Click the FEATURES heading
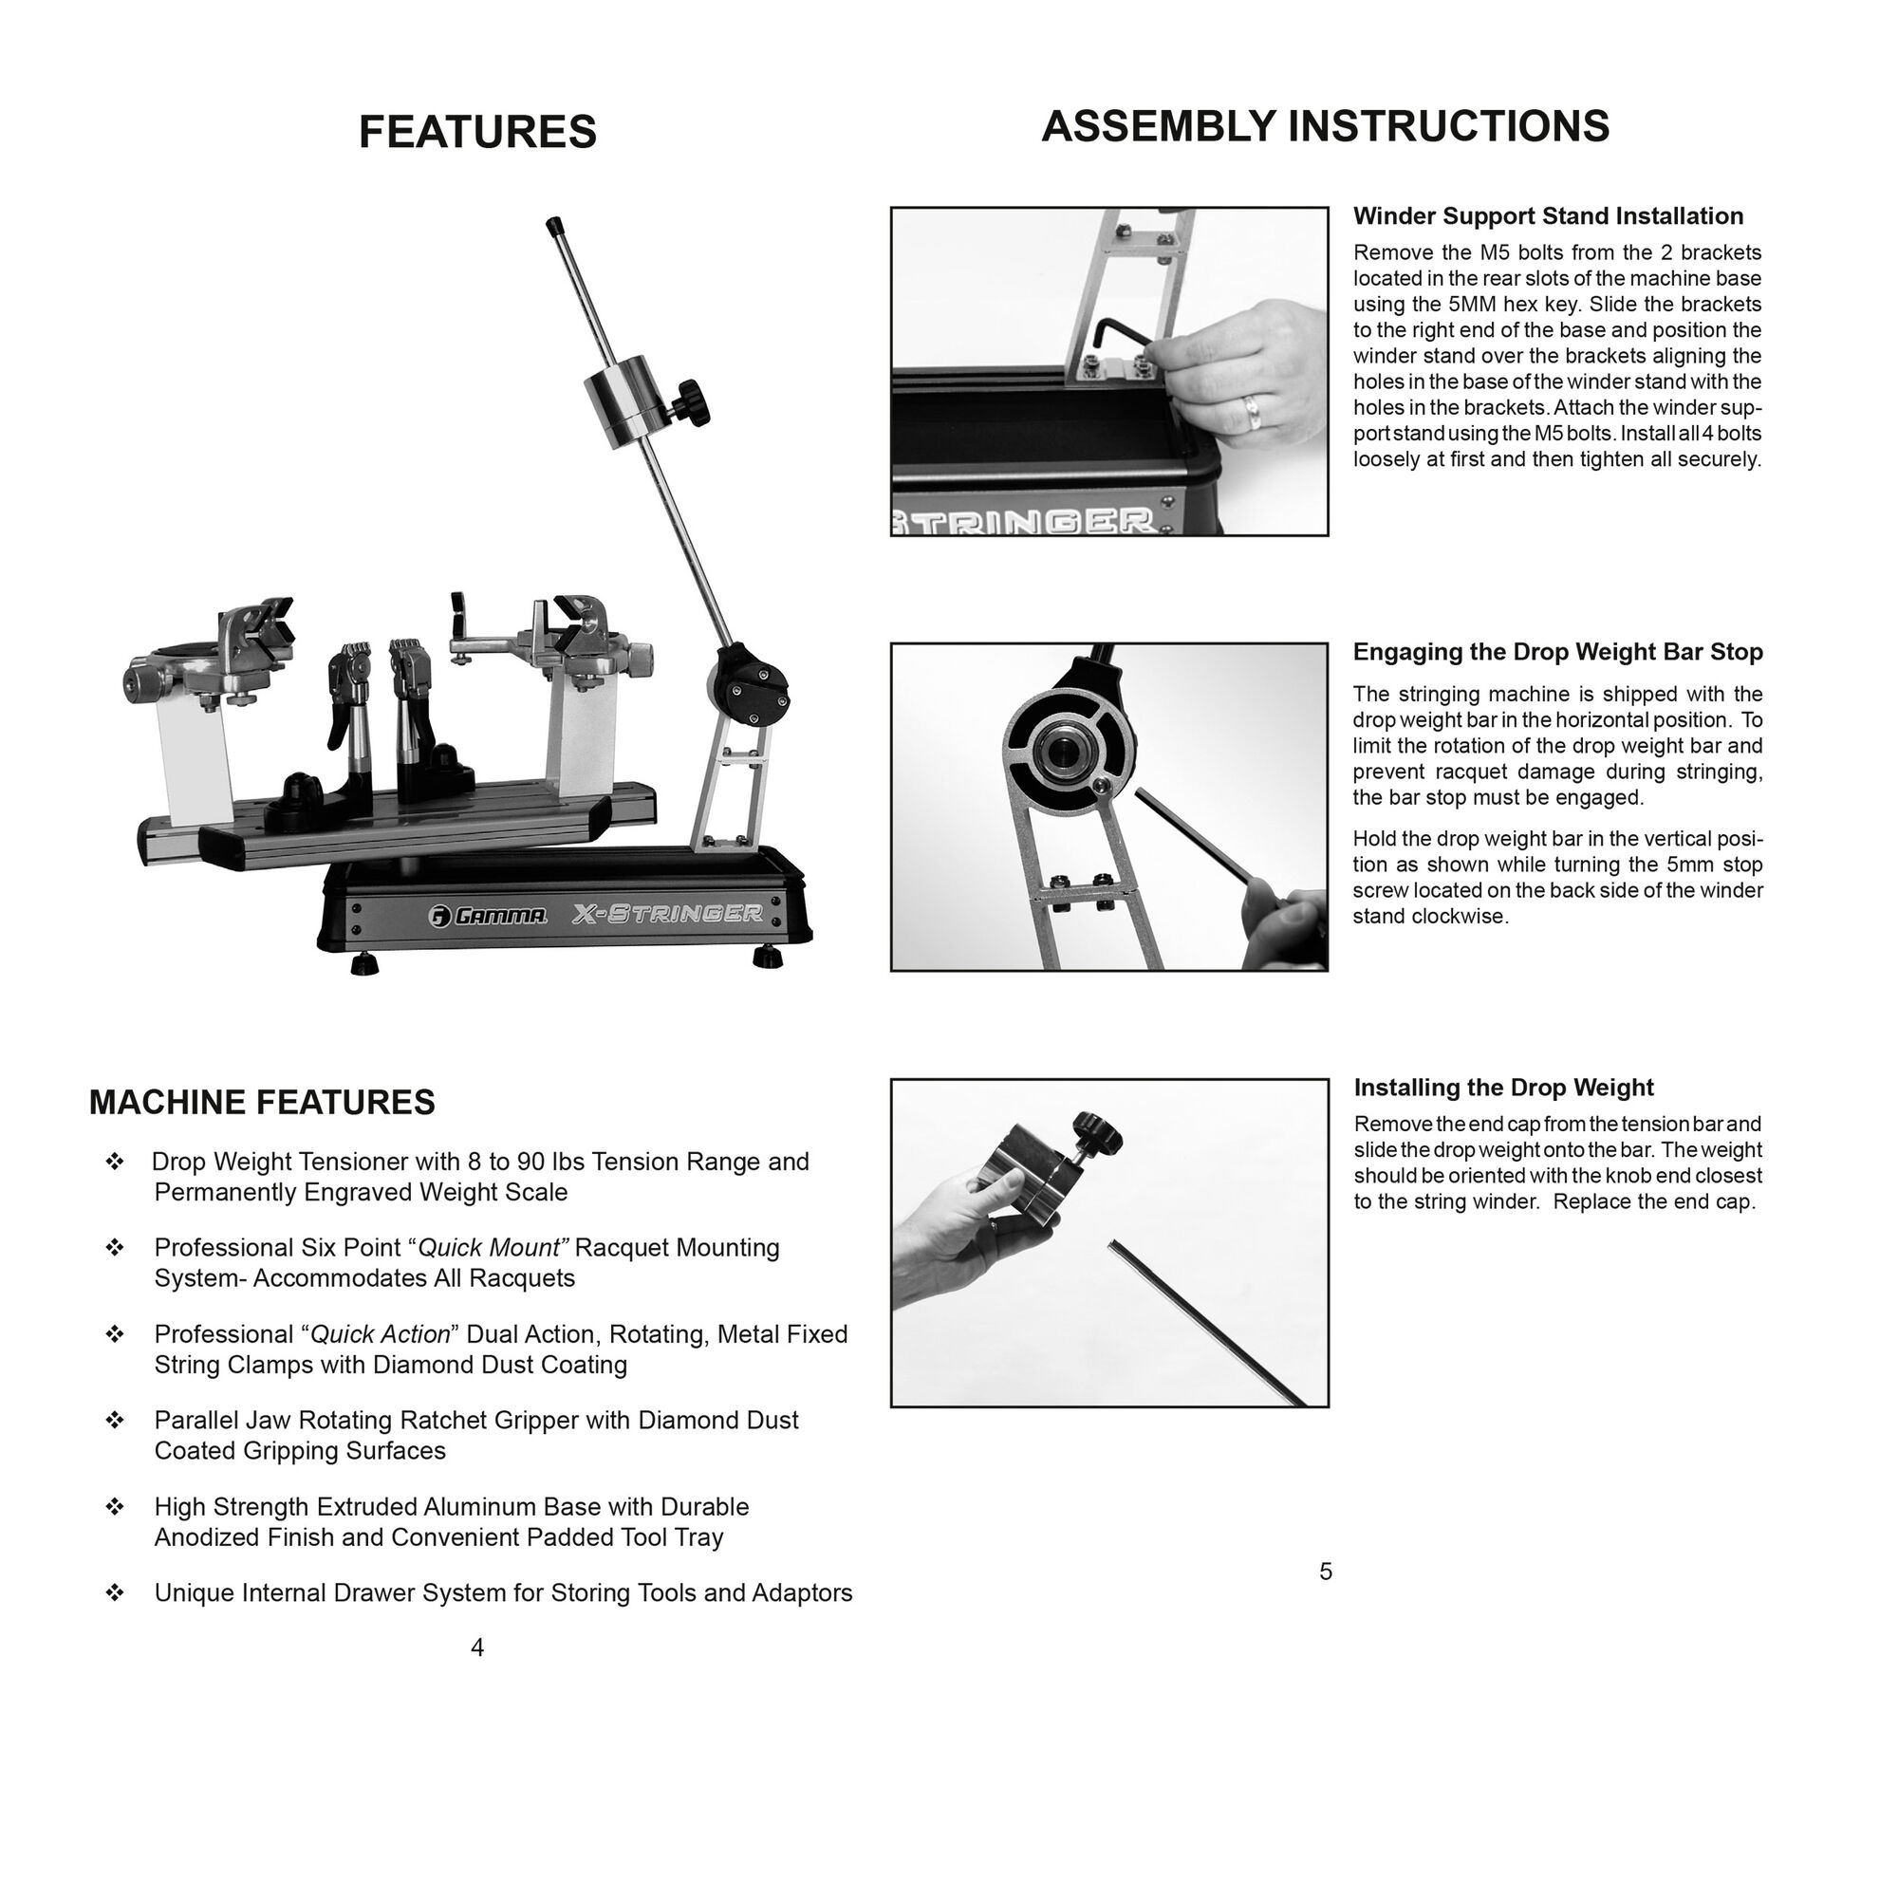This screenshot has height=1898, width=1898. point(477,132)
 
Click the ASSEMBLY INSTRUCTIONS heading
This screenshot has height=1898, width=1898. point(1324,127)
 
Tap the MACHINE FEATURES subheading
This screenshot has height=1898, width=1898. point(261,1102)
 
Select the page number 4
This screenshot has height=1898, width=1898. point(477,1647)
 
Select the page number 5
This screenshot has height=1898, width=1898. point(1325,1572)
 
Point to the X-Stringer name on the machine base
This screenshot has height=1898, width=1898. point(667,914)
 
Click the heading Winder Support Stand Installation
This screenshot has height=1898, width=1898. point(1548,216)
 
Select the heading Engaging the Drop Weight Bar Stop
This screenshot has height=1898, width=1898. point(1557,651)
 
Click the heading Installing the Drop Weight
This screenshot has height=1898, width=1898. point(1503,1088)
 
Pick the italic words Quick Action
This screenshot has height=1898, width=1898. point(381,1334)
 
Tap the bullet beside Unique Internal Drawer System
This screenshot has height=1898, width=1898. point(115,1592)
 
